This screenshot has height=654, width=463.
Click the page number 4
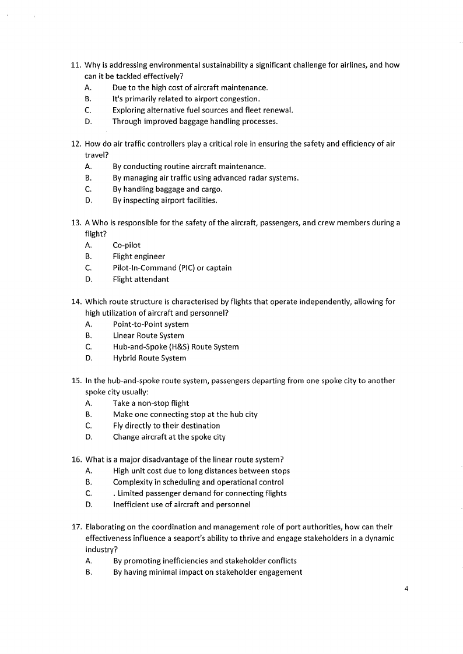(x=406, y=588)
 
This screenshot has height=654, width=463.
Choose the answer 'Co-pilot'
(x=127, y=245)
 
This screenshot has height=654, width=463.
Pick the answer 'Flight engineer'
(x=139, y=256)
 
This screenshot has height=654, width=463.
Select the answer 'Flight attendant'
(x=141, y=279)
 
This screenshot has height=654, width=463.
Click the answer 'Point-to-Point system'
(x=150, y=324)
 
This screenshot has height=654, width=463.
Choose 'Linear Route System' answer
(x=148, y=335)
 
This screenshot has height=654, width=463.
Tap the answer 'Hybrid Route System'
(x=149, y=358)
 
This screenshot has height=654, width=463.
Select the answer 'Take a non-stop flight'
(x=150, y=403)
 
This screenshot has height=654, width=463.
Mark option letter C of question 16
(x=87, y=493)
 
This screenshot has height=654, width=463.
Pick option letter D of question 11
(x=87, y=122)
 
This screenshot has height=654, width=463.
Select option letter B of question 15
(x=87, y=414)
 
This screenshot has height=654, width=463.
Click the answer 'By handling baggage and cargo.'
(x=167, y=189)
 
